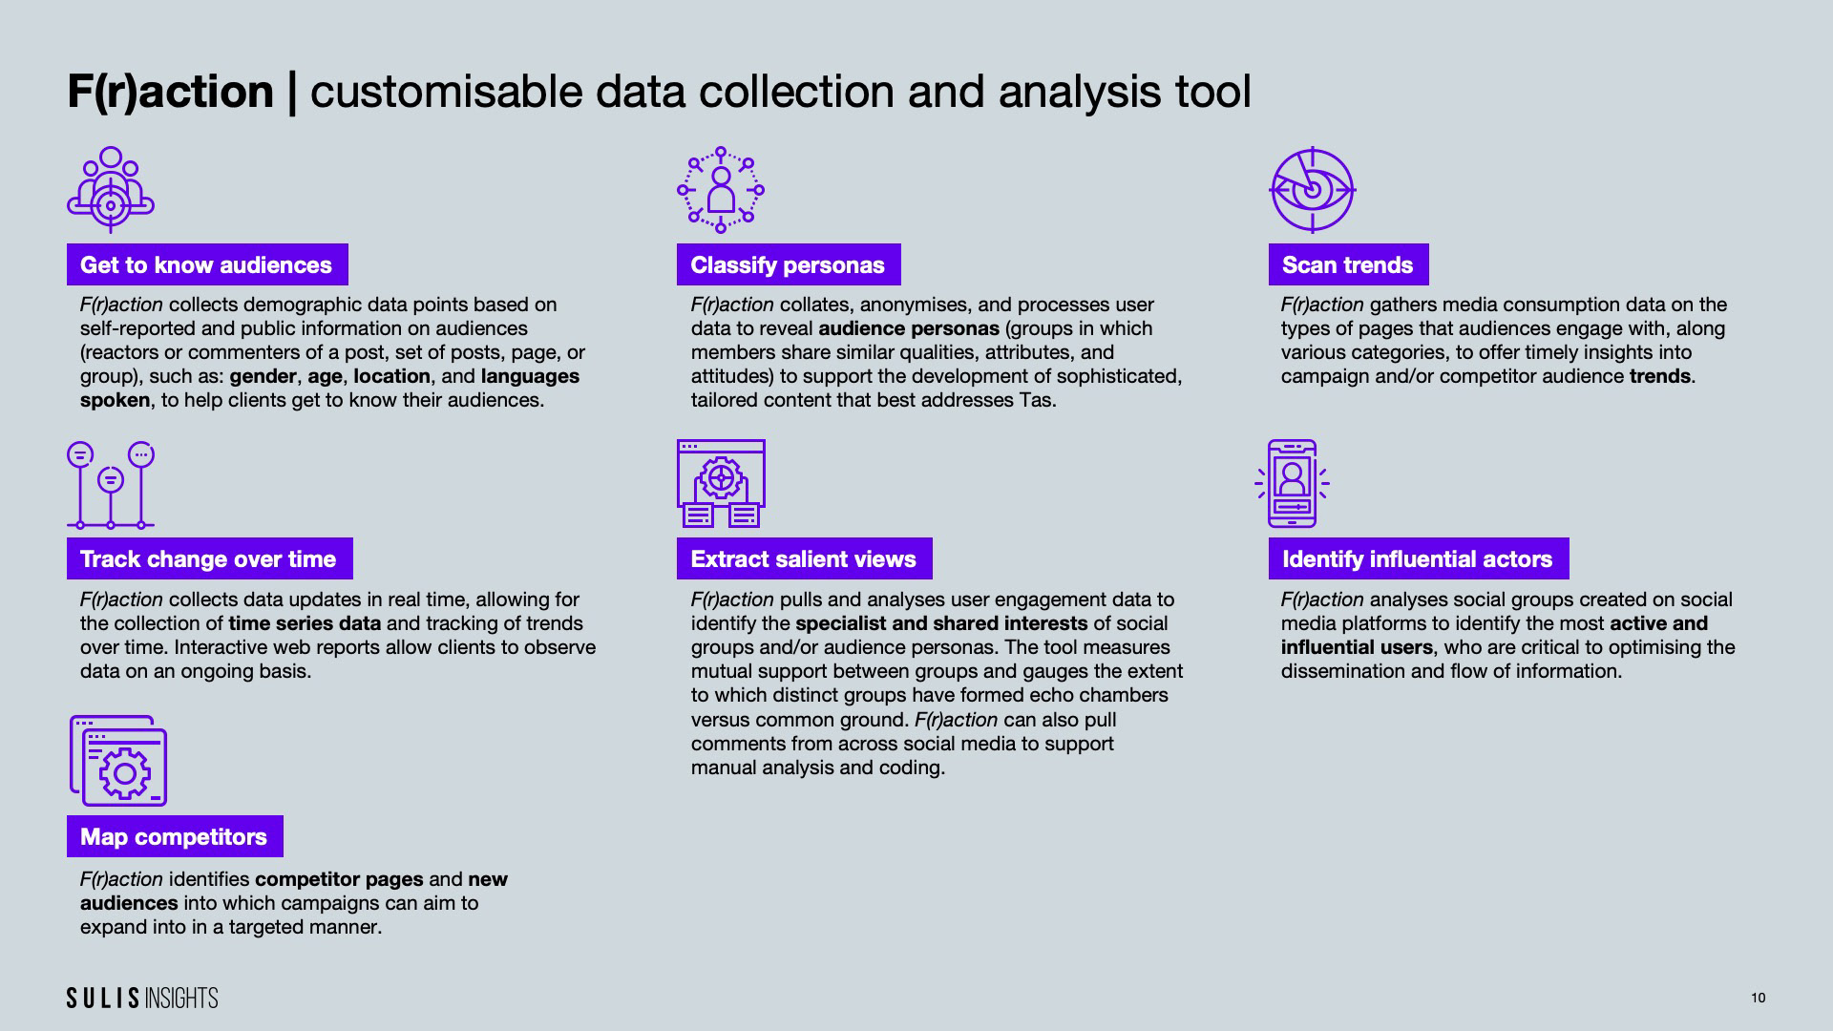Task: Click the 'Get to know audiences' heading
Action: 206,264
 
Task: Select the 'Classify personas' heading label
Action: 788,264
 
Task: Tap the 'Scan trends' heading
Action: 1347,264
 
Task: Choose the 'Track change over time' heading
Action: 208,558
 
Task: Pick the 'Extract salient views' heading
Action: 803,558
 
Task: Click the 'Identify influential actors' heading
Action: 1417,558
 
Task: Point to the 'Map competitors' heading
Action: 174,836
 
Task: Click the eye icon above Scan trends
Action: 1312,189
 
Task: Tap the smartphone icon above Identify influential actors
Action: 1292,483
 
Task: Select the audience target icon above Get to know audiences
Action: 111,189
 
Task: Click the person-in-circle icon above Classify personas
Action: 721,189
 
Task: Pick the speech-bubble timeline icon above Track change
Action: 111,484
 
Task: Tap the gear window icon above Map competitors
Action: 118,761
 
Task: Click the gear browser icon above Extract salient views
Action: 721,483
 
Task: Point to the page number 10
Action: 1758,998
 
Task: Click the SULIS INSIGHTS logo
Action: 142,998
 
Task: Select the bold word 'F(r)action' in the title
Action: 170,92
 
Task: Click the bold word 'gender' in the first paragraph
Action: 263,376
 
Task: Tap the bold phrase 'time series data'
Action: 305,623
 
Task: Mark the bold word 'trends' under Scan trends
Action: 1659,376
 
